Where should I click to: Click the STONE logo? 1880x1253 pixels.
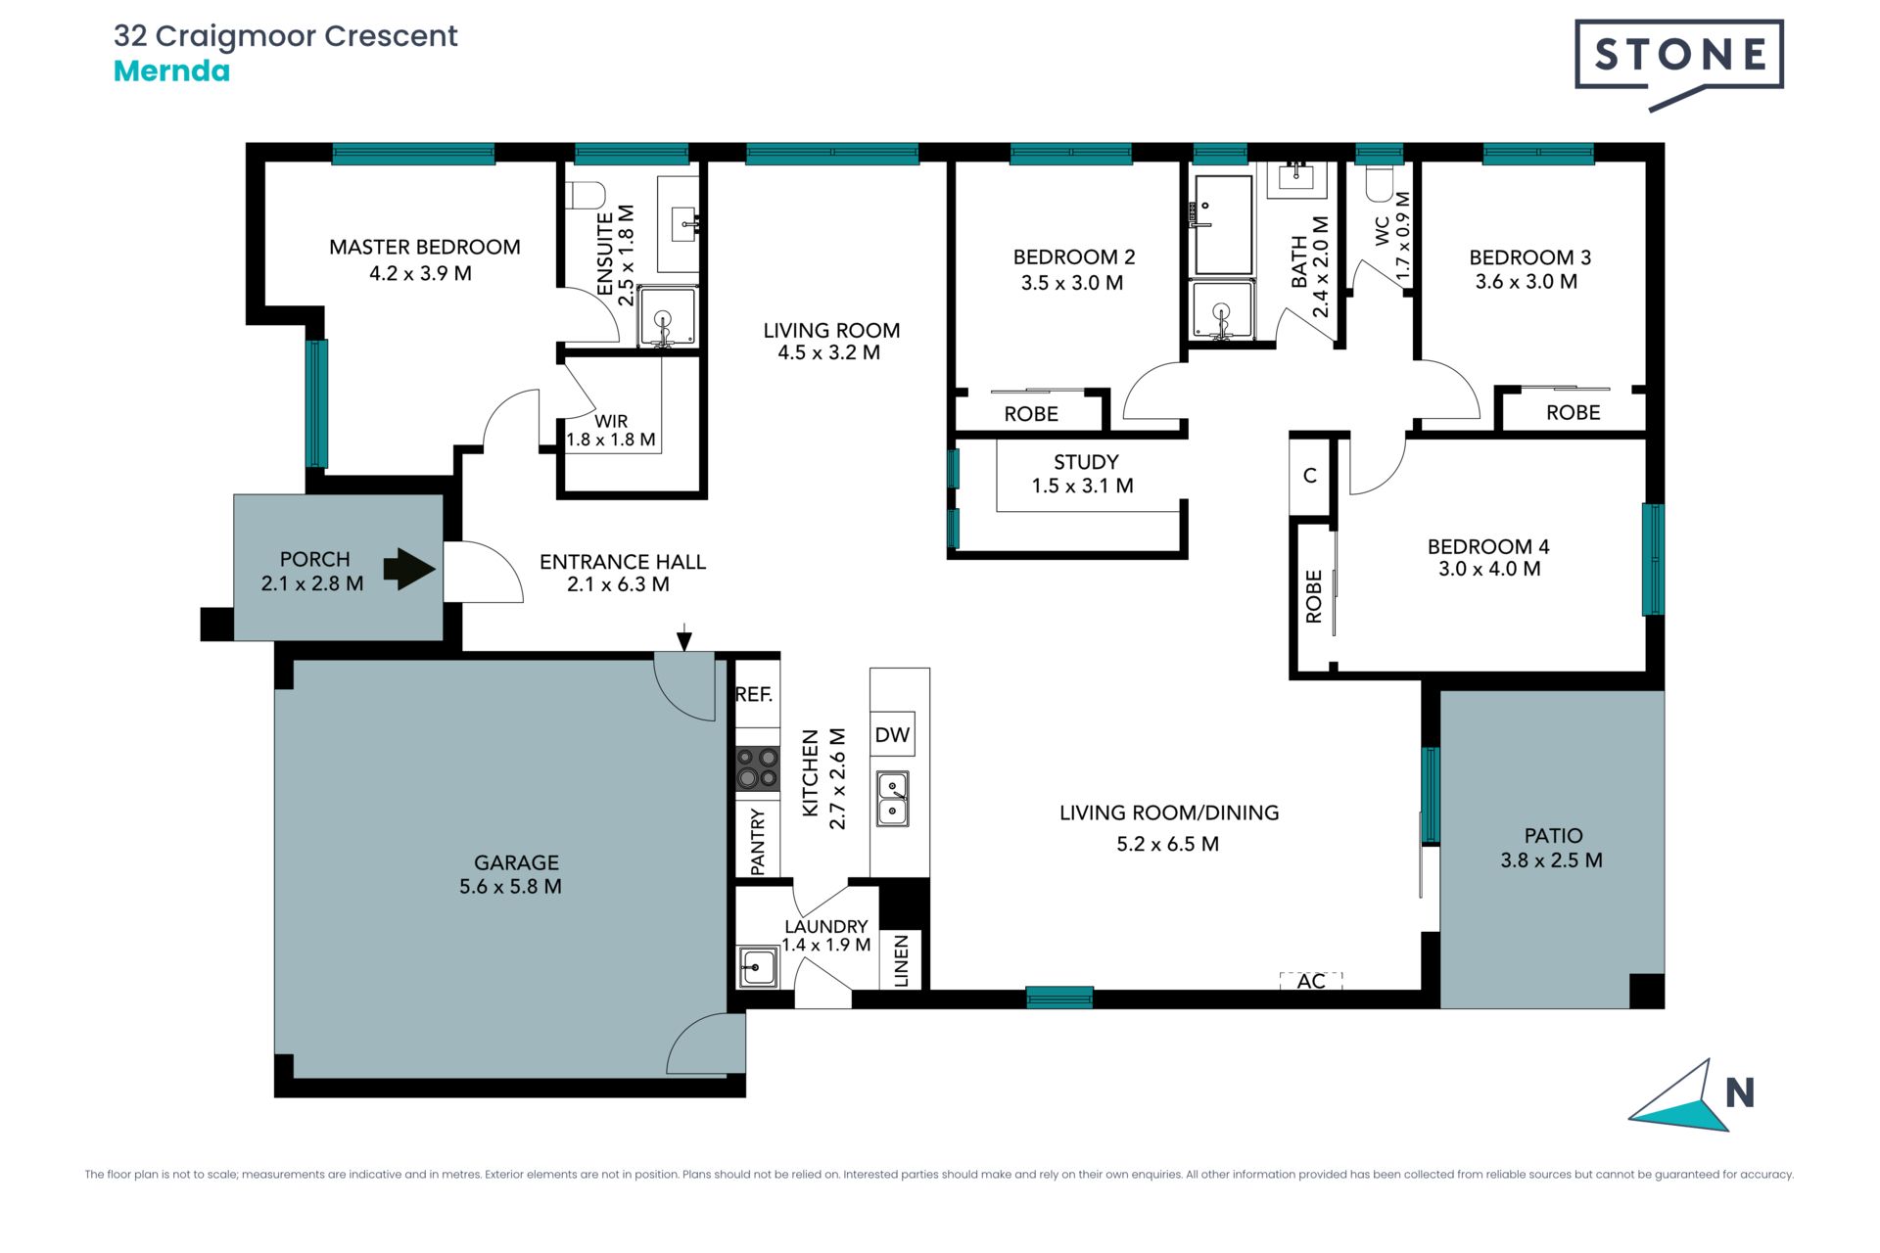1678,61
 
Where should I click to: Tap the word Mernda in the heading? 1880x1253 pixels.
171,71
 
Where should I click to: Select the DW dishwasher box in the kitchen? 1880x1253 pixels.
892,734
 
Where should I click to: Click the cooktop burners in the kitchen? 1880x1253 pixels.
758,768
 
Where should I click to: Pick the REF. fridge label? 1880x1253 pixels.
754,694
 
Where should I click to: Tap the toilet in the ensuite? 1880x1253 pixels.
587,195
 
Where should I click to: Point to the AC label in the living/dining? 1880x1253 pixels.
1311,981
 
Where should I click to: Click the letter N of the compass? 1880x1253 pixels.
1739,1092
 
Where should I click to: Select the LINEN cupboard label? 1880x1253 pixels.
902,959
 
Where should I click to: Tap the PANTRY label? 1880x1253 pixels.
758,841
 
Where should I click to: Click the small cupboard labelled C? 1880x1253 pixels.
1310,476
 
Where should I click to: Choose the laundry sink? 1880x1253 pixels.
757,967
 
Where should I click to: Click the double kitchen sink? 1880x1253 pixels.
892,799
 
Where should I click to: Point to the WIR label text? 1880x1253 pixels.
611,421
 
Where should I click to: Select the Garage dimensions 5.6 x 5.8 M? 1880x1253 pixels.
510,887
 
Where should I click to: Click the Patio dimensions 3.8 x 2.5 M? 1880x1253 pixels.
1551,860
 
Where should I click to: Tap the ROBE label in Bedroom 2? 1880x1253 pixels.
1031,414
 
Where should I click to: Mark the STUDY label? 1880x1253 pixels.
1086,462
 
